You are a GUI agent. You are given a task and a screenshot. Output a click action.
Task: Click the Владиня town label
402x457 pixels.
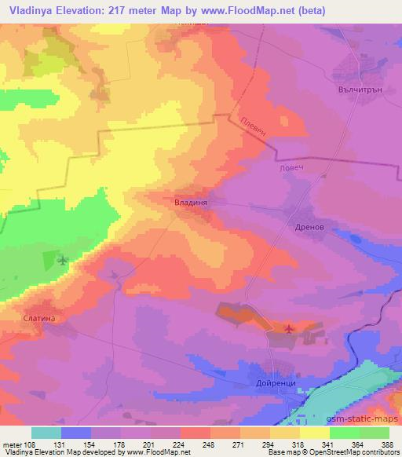pos(190,202)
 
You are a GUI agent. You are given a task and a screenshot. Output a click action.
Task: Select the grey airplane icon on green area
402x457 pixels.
pos(63,260)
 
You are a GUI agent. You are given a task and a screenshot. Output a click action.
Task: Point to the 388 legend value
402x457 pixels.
pos(388,444)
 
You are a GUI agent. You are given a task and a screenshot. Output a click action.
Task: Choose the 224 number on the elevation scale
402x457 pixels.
pos(180,444)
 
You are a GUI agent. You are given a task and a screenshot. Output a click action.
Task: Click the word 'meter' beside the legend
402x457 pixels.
pos(13,444)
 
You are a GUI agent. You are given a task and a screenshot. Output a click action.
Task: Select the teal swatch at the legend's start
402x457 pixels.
pos(46,433)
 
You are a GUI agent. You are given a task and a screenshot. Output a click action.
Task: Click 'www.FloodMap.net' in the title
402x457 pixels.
pos(240,10)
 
